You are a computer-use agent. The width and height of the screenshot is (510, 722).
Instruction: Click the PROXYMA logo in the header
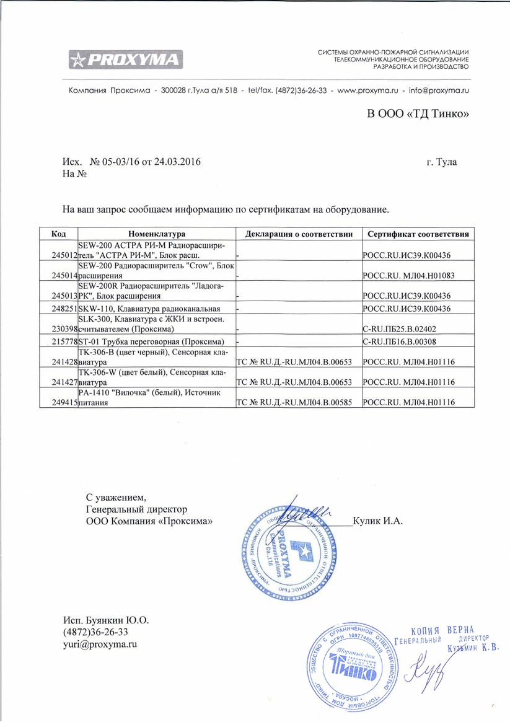[x=126, y=60]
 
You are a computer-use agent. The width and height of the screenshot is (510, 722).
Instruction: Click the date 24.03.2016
[x=177, y=162]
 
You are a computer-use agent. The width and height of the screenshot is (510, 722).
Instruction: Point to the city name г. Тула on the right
[x=441, y=162]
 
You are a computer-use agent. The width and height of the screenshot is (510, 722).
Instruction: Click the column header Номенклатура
[x=157, y=234]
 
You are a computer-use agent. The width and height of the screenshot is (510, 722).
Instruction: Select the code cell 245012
[x=65, y=255]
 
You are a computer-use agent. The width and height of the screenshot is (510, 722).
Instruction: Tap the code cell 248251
[x=65, y=308]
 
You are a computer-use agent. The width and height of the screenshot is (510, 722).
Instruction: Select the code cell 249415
[x=65, y=402]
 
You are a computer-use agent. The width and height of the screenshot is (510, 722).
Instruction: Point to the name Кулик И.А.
[x=377, y=521]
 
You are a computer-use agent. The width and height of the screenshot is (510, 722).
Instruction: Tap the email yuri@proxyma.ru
[x=100, y=644]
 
